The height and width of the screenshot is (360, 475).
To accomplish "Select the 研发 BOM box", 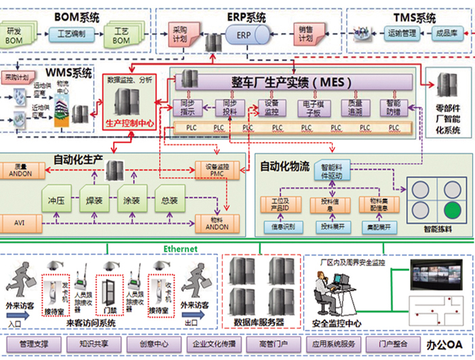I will point(15,36).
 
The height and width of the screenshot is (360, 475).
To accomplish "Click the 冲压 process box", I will point(56,201).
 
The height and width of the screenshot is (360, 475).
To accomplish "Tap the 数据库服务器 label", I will point(259,321).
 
